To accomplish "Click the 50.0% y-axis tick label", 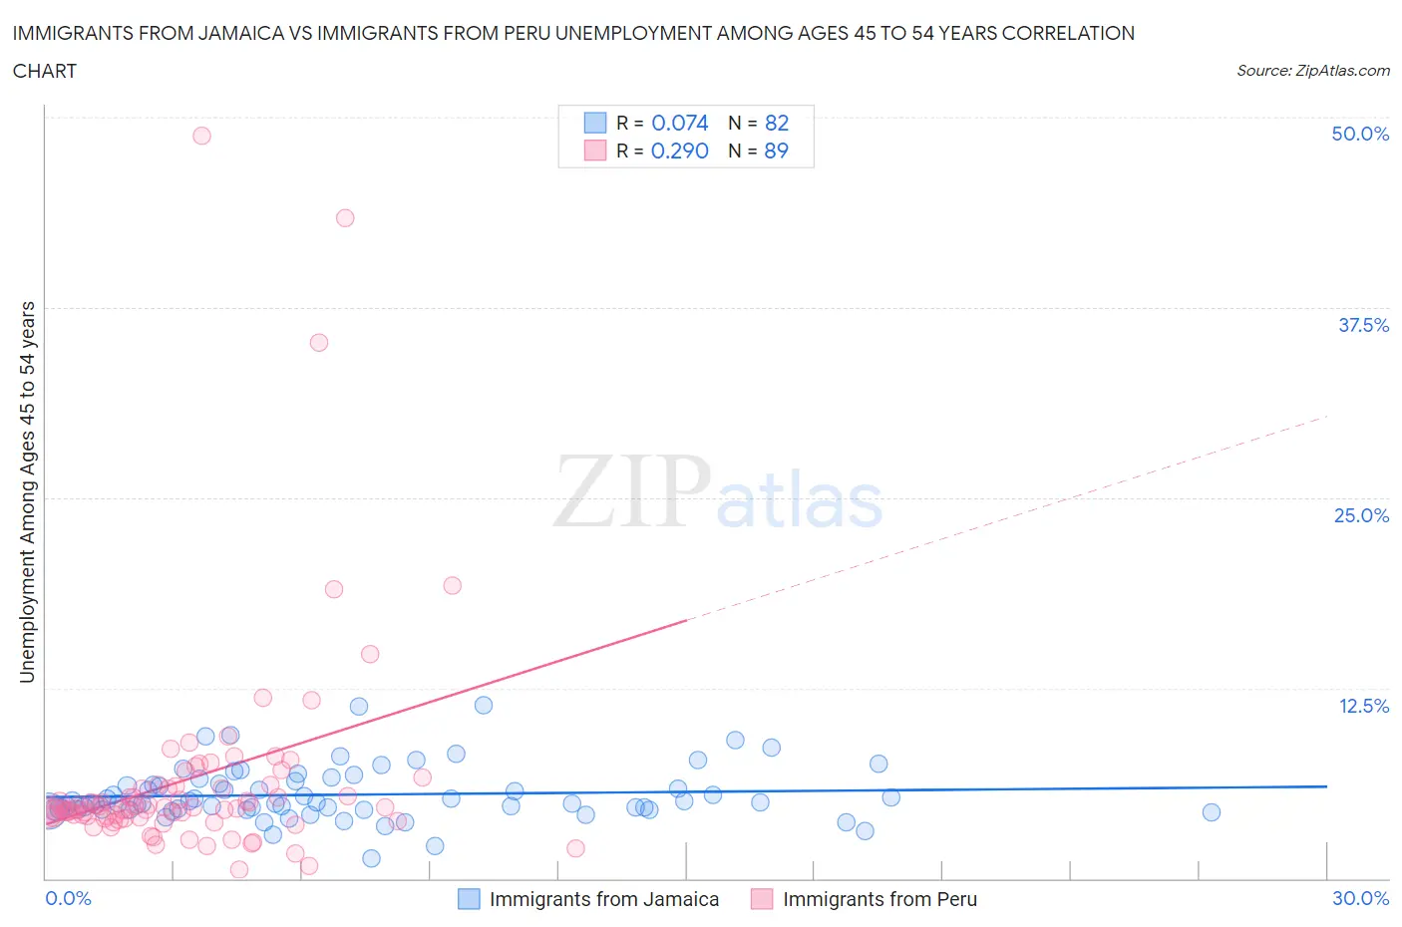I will tap(1360, 134).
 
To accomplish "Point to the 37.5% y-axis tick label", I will tap(1363, 325).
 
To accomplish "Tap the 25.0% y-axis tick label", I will tap(1361, 515).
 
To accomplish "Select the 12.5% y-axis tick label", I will tap(1363, 706).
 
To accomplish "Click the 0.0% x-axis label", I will tap(68, 898).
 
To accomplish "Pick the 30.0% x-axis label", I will tap(1360, 898).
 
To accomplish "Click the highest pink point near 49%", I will tap(201, 136).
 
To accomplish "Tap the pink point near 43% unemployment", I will tap(345, 217).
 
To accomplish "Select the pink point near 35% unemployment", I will tap(319, 342).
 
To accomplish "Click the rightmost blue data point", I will tap(1211, 812).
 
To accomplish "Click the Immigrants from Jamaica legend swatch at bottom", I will tap(469, 899).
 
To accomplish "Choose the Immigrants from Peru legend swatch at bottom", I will tap(762, 899).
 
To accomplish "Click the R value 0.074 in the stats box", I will tap(679, 123).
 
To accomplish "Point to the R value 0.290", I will tap(679, 151).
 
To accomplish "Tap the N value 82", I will tap(776, 123).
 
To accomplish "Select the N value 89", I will tap(776, 151).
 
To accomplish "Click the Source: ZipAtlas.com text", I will tap(1312, 71).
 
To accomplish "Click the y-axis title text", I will tap(27, 492).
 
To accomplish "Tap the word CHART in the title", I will tap(45, 71).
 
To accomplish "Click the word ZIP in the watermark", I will tap(632, 491).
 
